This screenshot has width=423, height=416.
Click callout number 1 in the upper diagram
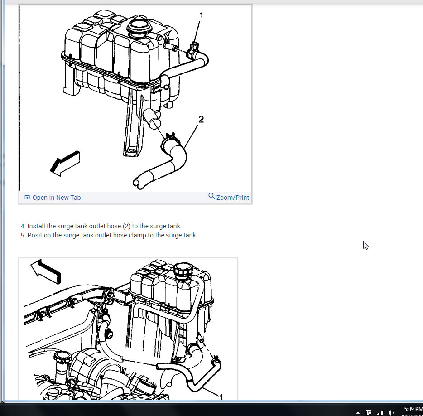(x=202, y=16)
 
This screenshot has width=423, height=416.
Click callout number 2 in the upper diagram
(x=201, y=119)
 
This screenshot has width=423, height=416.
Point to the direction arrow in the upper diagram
(x=65, y=164)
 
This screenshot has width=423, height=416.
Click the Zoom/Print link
(x=232, y=198)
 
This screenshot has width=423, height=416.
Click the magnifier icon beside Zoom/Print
(x=211, y=196)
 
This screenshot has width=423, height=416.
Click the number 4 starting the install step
(x=23, y=226)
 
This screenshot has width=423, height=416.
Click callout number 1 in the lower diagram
(x=221, y=397)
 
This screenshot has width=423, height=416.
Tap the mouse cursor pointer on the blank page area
(x=365, y=245)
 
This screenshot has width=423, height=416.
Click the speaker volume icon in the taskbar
(x=391, y=413)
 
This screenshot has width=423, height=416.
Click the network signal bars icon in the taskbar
(x=380, y=413)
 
